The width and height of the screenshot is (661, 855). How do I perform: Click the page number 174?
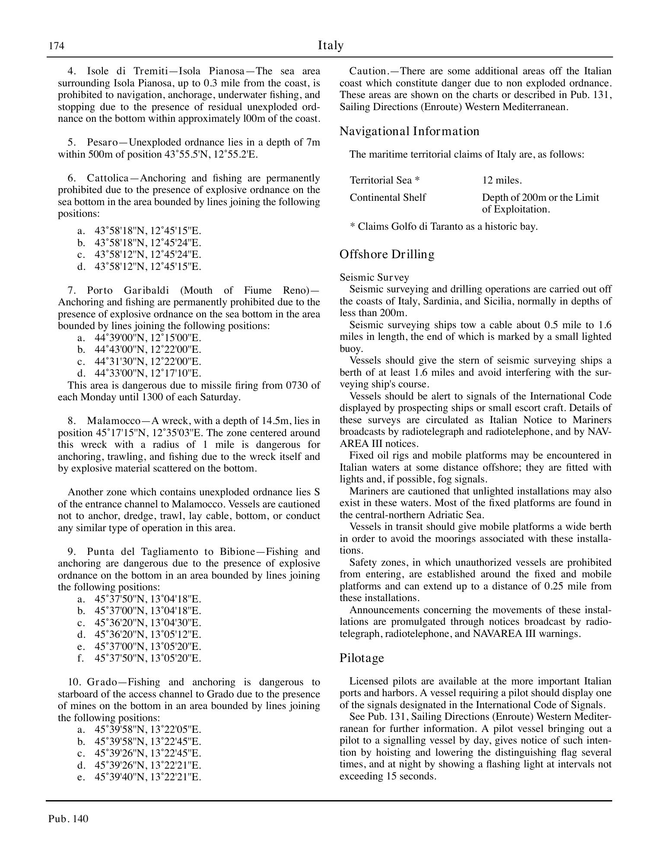tap(56, 46)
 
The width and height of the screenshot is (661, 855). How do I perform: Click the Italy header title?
tap(330, 45)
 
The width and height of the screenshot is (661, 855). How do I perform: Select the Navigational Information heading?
tap(409, 131)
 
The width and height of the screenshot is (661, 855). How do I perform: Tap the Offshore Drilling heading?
tap(387, 254)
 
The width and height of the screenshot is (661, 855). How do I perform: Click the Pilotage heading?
tap(362, 658)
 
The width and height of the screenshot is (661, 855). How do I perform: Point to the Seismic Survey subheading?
tap(374, 277)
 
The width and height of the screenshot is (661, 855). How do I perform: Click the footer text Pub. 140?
tap(68, 819)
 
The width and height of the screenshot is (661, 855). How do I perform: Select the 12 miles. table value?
tap(502, 180)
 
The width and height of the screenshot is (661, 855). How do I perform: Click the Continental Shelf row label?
tap(388, 197)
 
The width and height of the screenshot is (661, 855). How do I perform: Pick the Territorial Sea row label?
tap(385, 180)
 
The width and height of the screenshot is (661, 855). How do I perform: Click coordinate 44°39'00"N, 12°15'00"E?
tap(148, 338)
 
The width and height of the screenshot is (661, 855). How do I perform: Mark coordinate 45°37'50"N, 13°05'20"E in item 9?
tap(148, 658)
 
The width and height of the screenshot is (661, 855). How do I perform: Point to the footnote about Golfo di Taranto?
tap(443, 226)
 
